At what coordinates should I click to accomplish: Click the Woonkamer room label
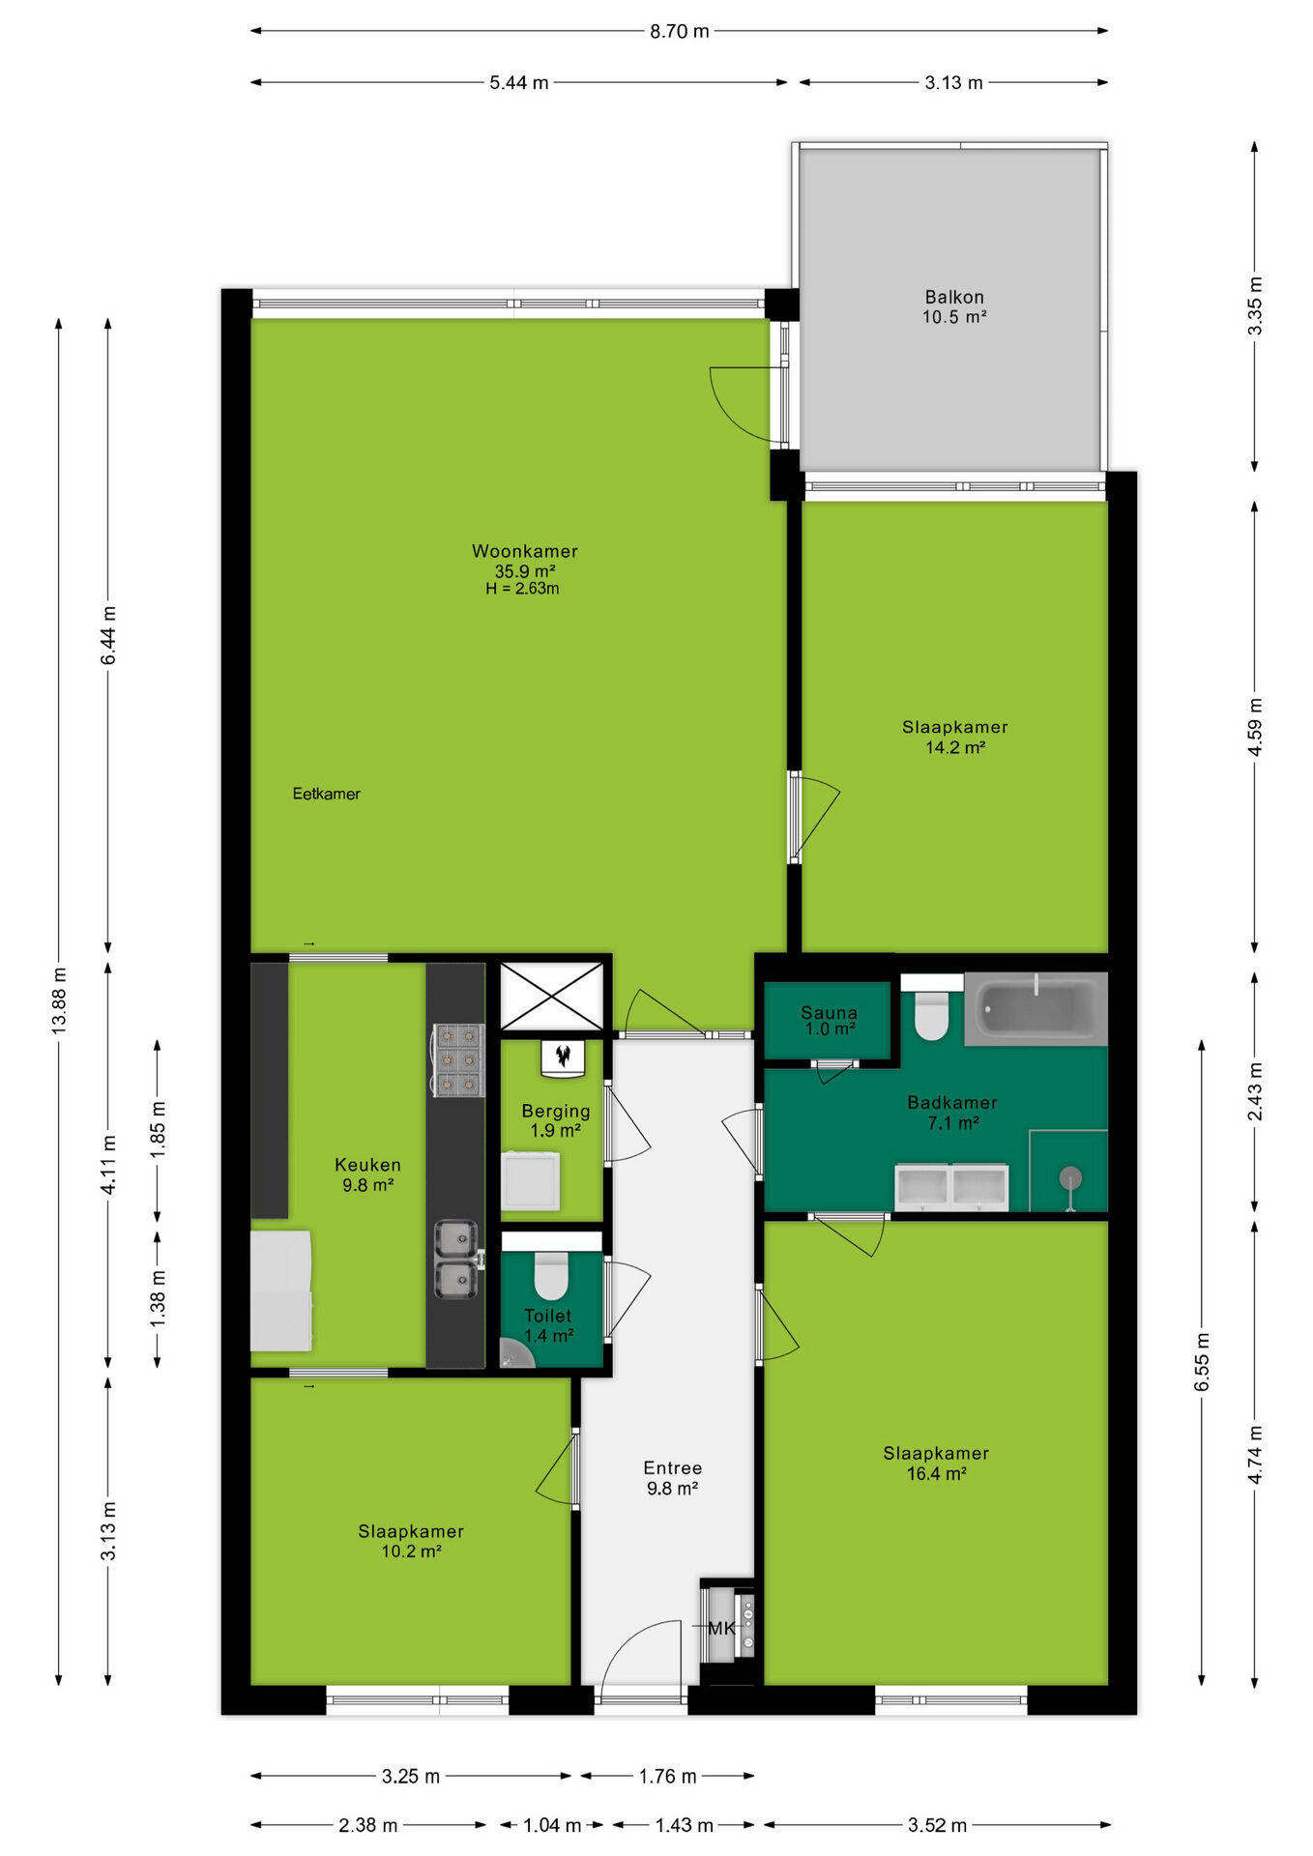(x=524, y=551)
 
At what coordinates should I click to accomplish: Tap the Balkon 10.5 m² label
(x=954, y=306)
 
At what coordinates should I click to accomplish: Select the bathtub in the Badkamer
(x=1036, y=1009)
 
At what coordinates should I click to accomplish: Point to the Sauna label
(x=829, y=1012)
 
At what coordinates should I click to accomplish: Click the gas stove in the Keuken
(x=456, y=1060)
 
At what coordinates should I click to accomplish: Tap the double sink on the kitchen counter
(x=456, y=1260)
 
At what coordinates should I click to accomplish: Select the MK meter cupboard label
(x=721, y=1628)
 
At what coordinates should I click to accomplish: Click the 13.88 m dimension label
(x=59, y=1000)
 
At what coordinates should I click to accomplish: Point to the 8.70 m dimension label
(x=679, y=31)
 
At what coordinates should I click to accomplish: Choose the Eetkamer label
(x=326, y=794)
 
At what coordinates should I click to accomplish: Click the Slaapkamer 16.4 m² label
(x=936, y=1463)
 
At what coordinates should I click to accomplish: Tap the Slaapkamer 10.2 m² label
(x=411, y=1541)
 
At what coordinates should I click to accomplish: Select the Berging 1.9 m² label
(x=555, y=1120)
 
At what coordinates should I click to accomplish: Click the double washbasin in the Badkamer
(x=951, y=1188)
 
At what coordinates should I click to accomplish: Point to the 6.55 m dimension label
(x=1202, y=1362)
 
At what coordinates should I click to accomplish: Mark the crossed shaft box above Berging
(x=551, y=996)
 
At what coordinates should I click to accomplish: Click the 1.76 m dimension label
(x=667, y=1776)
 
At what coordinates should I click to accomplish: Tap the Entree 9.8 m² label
(x=672, y=1478)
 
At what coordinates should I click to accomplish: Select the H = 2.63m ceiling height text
(x=522, y=588)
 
